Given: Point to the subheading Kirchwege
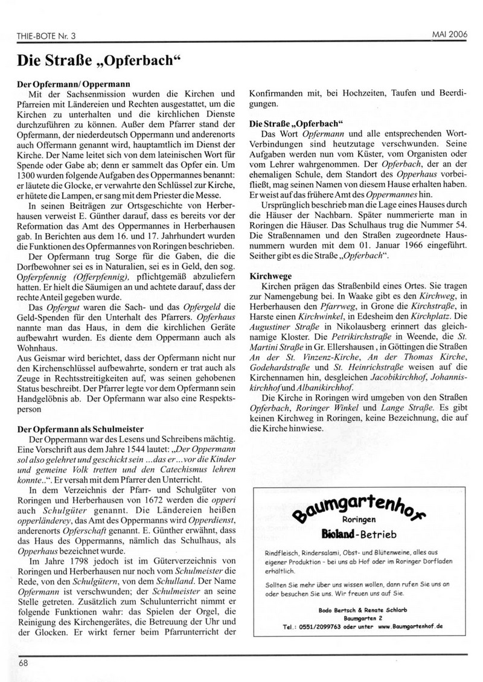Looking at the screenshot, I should pos(267,275).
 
